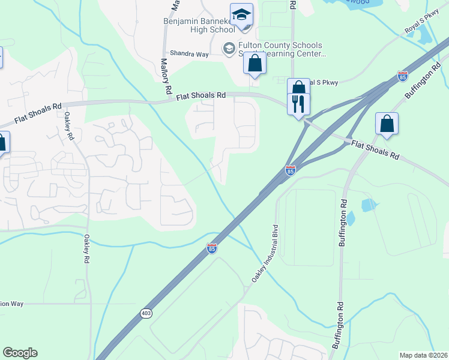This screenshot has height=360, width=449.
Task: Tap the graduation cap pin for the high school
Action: [242, 15]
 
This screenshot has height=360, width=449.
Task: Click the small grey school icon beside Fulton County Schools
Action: [229, 47]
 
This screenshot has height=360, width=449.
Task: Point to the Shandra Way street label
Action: [188, 53]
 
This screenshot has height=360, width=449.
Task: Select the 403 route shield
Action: [146, 313]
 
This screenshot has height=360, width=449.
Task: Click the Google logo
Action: [20, 353]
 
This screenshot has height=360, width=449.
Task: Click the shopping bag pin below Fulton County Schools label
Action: [255, 62]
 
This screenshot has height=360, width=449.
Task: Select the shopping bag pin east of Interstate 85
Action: [387, 124]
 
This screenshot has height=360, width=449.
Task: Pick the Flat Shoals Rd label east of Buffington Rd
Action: [375, 149]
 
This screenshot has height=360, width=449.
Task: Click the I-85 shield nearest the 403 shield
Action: [211, 248]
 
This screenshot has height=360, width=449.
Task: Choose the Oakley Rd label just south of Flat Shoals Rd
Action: [71, 127]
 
